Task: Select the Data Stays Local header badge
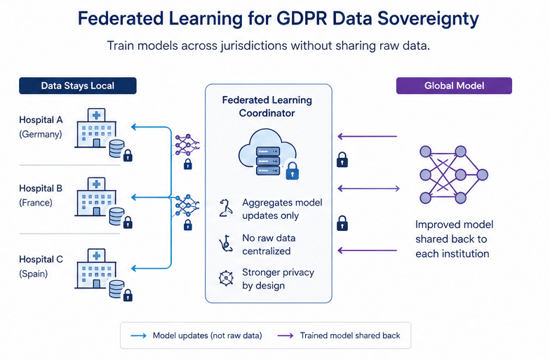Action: tap(77, 86)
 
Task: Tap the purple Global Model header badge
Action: tap(454, 86)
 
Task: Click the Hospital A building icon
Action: tap(94, 127)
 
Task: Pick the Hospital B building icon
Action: tap(94, 196)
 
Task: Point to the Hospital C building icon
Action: tap(94, 267)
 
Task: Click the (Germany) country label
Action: tap(41, 134)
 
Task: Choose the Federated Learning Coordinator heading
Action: tap(267, 106)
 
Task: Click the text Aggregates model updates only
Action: tap(282, 209)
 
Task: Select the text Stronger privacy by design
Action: tap(278, 279)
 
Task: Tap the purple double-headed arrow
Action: tap(369, 188)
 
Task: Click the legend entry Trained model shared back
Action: tap(349, 335)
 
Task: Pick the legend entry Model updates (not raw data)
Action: tap(207, 335)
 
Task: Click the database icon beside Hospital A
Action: tap(116, 149)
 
